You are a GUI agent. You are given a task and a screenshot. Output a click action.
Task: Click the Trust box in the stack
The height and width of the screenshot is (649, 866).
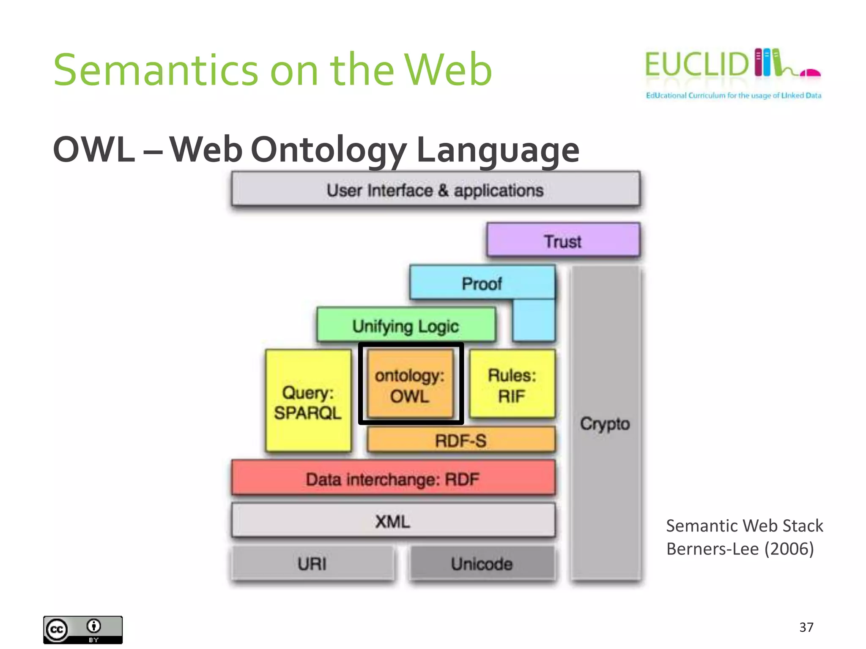click(563, 240)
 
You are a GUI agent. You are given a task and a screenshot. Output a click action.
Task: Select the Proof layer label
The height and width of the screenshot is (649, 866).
click(482, 284)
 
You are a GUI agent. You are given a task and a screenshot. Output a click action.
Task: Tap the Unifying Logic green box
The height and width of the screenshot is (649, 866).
click(406, 325)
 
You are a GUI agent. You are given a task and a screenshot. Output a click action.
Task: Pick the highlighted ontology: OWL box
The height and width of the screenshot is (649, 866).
click(410, 384)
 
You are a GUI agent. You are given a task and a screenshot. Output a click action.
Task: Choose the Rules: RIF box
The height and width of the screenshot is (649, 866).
click(512, 384)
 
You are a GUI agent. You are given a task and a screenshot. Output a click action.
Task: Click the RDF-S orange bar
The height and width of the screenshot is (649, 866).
click(460, 440)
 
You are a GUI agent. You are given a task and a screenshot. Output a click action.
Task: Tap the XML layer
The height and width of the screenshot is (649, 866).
click(393, 521)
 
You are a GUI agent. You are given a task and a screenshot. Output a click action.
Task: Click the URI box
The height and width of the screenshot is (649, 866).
click(312, 563)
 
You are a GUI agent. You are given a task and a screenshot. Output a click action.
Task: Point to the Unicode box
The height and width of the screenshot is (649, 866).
click(482, 563)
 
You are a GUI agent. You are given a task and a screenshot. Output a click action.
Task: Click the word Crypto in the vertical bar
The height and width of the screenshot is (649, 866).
click(605, 423)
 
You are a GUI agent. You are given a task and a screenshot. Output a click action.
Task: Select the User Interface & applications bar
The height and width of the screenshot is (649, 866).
click(435, 190)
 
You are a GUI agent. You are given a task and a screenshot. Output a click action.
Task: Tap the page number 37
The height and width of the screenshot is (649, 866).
click(806, 627)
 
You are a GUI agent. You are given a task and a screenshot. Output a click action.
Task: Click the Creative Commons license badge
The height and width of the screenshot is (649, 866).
click(83, 630)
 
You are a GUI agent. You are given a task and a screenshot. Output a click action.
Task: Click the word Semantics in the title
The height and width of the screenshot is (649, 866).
click(156, 70)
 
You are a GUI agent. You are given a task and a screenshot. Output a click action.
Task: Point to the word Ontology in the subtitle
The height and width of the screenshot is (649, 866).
click(329, 150)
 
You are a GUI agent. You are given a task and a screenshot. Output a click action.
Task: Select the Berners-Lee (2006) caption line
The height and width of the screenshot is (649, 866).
click(740, 549)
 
